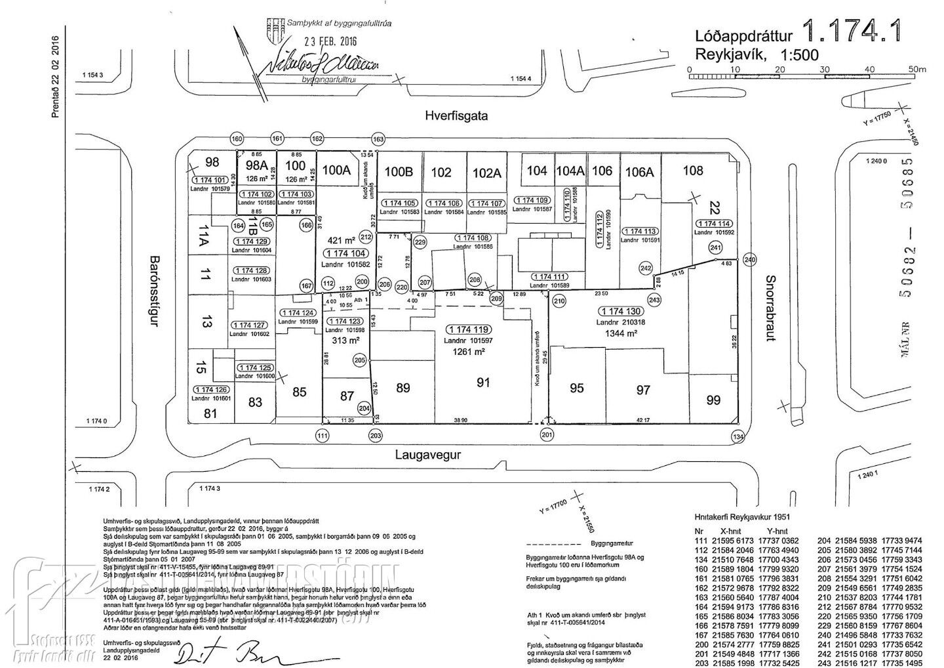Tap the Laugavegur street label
[x=428, y=454]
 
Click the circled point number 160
[x=237, y=139]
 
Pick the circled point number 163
[x=378, y=139]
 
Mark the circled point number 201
[x=547, y=435]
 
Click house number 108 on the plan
[x=692, y=171]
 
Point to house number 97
[x=643, y=390]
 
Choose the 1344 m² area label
[x=621, y=333]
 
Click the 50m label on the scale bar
[x=916, y=69]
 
